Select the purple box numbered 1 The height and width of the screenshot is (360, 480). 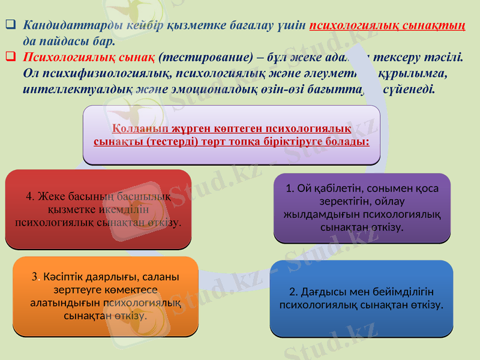coord(362,208)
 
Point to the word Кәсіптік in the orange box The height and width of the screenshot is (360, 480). coord(61,277)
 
